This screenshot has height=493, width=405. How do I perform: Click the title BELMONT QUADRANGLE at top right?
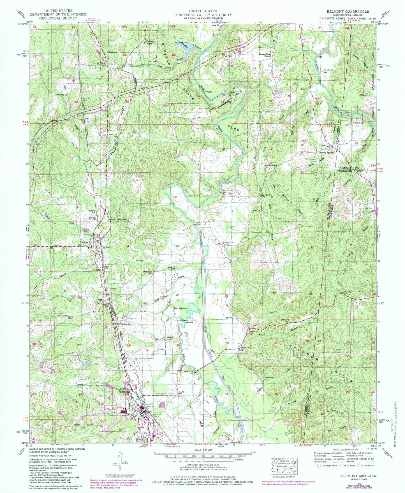point(348,11)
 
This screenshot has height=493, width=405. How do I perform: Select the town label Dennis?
point(84,242)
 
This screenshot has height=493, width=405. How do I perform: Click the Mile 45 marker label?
point(190,322)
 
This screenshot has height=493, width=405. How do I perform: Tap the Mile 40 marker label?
point(191,196)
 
